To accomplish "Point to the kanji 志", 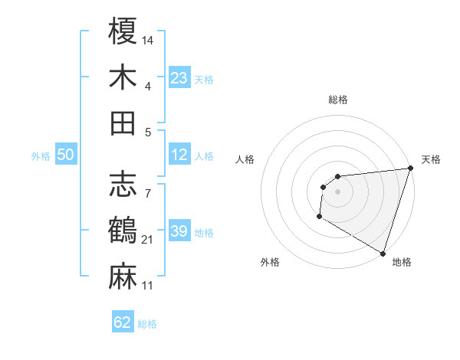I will (123, 184).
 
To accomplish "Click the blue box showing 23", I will (179, 77).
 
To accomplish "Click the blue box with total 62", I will (123, 322).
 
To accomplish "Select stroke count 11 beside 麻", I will (149, 286).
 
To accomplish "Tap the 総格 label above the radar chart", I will (337, 100).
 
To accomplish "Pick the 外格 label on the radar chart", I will (270, 262).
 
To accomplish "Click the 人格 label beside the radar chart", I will (246, 159).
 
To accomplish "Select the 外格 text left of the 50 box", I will (41, 156).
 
